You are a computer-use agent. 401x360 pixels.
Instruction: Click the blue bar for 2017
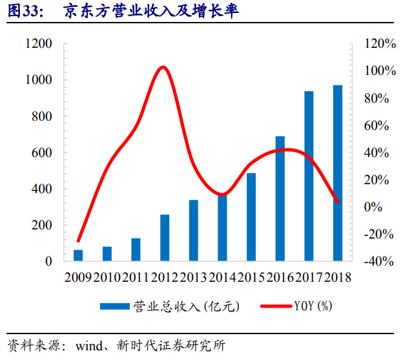309,176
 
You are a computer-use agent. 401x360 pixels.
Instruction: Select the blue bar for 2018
337,173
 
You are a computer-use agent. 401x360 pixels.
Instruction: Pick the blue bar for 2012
165,238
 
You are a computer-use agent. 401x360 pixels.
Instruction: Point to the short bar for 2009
78,255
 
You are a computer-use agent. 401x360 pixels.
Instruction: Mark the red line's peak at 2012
163,67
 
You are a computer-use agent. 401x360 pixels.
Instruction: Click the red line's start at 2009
78,241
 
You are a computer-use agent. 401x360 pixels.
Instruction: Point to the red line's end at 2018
338,202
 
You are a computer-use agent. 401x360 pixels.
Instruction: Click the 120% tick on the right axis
380,43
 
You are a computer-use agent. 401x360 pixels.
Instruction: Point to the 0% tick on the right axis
374,207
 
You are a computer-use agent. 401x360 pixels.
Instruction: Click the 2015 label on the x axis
251,277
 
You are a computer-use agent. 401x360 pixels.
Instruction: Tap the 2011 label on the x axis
136,277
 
